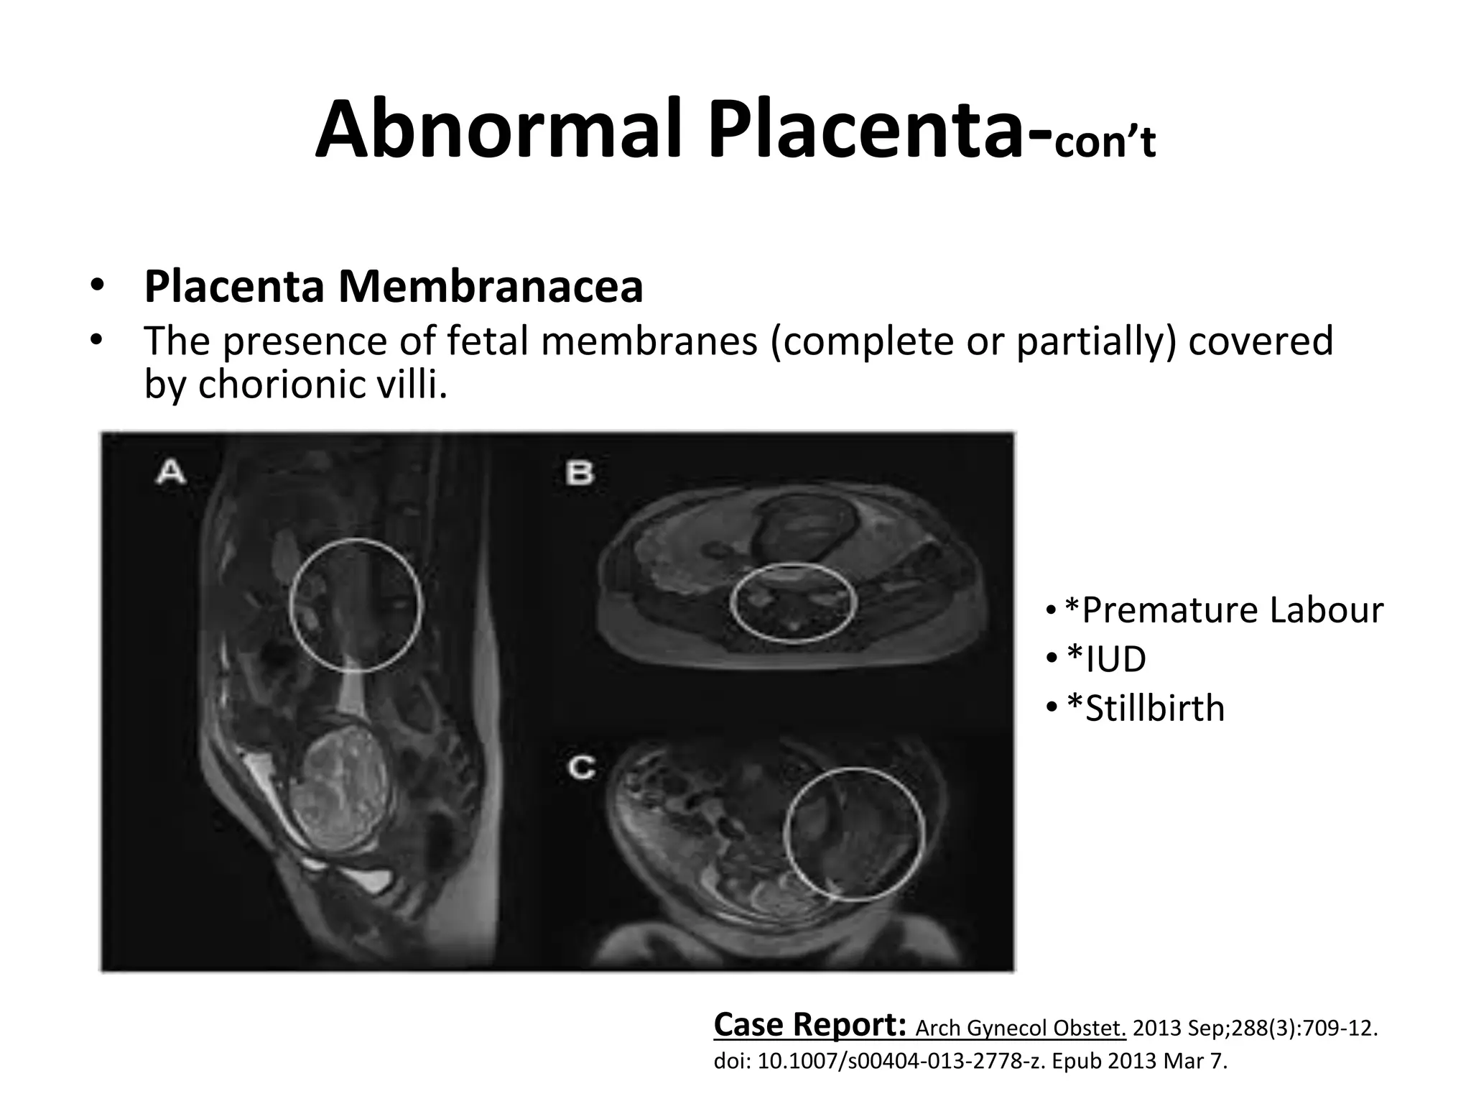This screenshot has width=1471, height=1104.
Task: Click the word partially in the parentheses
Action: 1096,341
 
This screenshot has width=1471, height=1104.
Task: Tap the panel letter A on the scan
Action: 171,473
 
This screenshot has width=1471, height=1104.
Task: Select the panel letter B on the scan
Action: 580,473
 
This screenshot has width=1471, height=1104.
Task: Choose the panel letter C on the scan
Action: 581,768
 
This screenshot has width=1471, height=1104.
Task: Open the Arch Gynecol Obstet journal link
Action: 1021,1029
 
